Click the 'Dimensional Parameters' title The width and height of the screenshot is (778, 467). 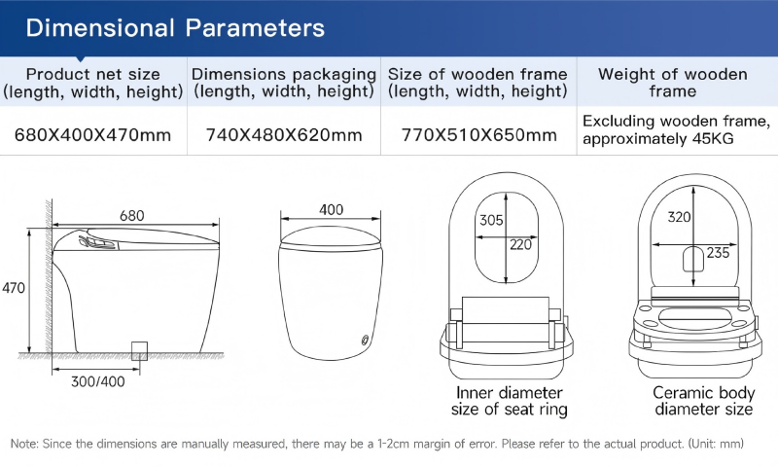175,28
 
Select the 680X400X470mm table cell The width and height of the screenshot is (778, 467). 92,135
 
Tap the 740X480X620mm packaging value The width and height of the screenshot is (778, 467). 284,135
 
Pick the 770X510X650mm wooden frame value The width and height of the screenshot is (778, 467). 478,135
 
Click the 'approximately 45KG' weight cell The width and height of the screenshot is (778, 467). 658,138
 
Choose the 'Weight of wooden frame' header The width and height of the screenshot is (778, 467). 673,83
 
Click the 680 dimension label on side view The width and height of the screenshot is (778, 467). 132,216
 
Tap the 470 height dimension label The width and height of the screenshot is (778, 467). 14,288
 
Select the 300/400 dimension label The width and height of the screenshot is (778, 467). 98,381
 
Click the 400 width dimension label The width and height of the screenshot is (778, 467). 331,210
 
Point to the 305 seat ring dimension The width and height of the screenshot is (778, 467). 491,220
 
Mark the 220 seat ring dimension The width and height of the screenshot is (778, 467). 520,244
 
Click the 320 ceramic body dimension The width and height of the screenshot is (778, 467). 679,217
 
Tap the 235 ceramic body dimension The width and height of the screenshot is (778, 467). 718,253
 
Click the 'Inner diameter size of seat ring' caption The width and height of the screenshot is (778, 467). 509,401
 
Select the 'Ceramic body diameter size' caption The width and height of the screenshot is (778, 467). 703,401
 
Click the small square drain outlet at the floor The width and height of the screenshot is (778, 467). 139,351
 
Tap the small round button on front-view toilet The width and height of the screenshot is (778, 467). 366,340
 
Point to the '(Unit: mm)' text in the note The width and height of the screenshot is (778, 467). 716,444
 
